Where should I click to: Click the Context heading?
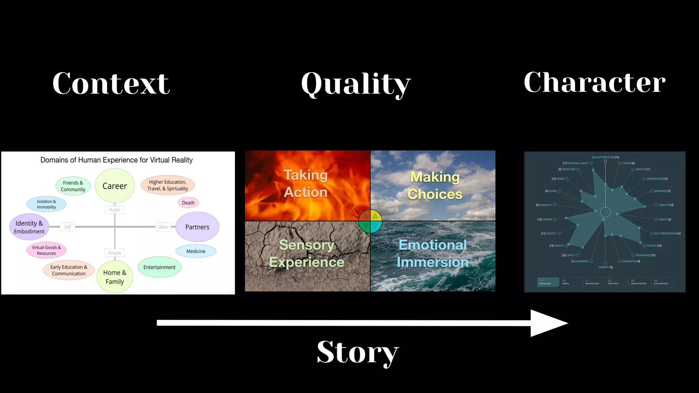(111, 83)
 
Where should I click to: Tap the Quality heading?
(356, 84)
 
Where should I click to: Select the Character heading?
(594, 83)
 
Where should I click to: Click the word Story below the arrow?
(357, 352)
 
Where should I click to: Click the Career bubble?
(115, 186)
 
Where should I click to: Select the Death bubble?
(188, 203)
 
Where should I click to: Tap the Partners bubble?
(197, 227)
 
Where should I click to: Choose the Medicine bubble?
(196, 251)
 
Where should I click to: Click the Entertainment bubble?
(159, 267)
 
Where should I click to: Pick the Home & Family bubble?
(115, 277)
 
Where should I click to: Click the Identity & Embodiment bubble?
(29, 227)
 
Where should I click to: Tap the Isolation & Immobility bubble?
(46, 204)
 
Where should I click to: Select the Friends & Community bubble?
(73, 186)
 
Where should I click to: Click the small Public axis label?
(115, 210)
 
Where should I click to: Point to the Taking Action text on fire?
(306, 184)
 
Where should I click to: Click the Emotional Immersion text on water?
(432, 253)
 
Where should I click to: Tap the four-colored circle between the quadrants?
(370, 221)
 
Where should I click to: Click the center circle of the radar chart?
(605, 212)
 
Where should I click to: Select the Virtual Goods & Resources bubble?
(46, 250)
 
